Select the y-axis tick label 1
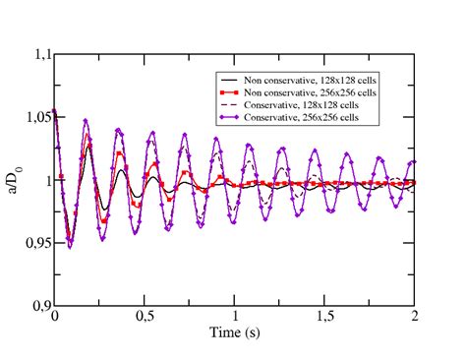(x=44, y=181)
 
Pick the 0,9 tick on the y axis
(x=36, y=305)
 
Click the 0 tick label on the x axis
(x=55, y=318)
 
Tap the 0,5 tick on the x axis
(x=145, y=318)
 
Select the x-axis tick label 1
(x=235, y=318)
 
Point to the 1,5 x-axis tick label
(x=324, y=318)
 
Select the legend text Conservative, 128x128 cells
(x=311, y=104)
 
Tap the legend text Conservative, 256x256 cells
(x=311, y=117)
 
